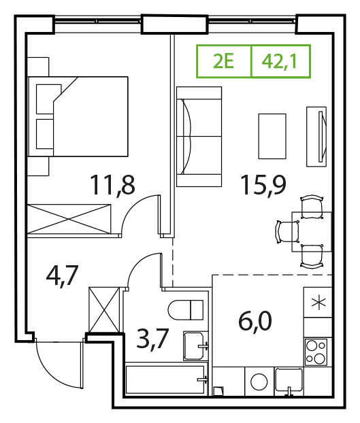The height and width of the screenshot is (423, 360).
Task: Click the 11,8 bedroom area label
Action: [112, 186]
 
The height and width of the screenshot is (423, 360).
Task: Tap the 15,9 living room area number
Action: [263, 186]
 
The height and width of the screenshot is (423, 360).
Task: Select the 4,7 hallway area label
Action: [63, 275]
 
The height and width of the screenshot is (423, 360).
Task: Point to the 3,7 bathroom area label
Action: [152, 339]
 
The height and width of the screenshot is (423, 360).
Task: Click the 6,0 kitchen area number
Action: [255, 321]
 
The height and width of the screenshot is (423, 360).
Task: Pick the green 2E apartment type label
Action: [223, 61]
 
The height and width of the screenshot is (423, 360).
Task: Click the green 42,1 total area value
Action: [279, 61]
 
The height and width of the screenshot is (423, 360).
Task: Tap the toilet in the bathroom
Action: [185, 309]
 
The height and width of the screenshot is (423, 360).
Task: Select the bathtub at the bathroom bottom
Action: [166, 379]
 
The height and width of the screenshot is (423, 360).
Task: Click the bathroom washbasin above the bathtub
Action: [195, 346]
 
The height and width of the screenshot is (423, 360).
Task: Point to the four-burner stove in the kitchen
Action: [316, 352]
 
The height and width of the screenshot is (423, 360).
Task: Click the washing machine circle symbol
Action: [259, 382]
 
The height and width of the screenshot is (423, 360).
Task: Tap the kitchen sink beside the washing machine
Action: [289, 381]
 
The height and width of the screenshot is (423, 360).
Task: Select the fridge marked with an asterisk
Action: [318, 302]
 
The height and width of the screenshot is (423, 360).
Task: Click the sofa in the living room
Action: [199, 137]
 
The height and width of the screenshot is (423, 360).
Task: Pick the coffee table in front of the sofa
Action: [272, 136]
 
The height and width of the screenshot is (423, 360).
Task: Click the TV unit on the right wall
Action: [316, 137]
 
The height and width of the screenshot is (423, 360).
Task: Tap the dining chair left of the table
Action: [287, 232]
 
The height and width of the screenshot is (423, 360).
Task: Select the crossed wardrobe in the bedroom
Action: [69, 219]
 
